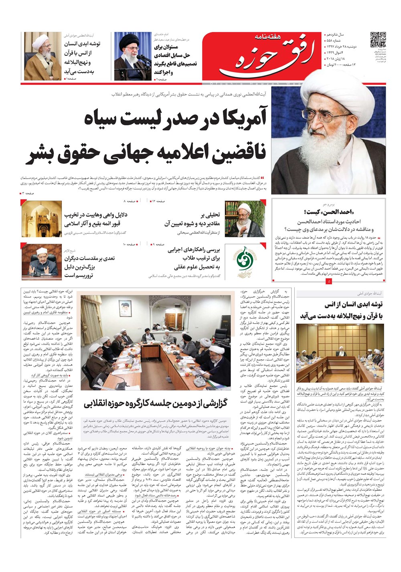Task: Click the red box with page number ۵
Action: click(329, 282)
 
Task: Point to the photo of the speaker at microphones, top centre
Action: click(133, 56)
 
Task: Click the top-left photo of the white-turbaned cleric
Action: click(42, 56)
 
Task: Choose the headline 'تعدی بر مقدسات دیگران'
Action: click(89, 258)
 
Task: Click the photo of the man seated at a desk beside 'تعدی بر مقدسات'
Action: click(41, 263)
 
